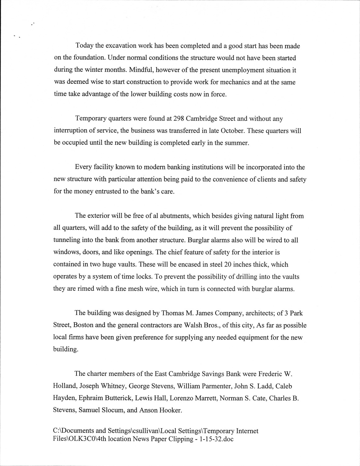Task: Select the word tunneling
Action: [x=67, y=240]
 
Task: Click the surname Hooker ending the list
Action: [x=170, y=410]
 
